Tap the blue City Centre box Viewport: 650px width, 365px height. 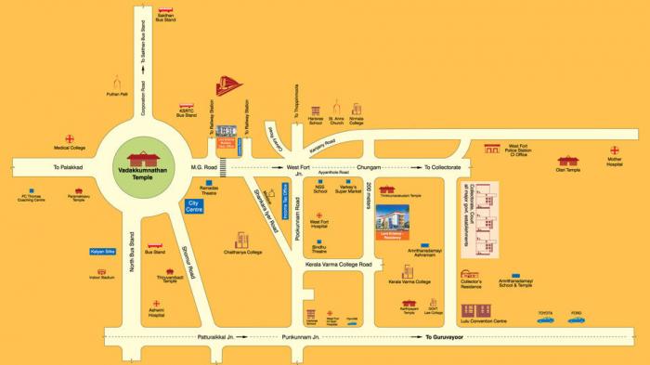(x=195, y=205)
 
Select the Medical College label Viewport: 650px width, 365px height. (x=70, y=148)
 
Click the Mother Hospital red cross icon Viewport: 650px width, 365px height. (x=614, y=150)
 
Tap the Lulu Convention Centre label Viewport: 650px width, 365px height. (x=486, y=321)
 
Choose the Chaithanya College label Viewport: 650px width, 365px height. (x=242, y=252)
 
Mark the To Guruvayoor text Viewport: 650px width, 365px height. (x=444, y=337)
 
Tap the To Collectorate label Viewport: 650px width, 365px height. (x=442, y=167)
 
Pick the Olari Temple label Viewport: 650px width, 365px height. (x=567, y=170)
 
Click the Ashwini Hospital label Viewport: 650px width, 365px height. (x=155, y=315)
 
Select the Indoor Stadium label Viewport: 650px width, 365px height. (x=101, y=278)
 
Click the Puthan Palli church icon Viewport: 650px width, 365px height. (x=116, y=82)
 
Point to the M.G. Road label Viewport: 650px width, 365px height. (x=203, y=167)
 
